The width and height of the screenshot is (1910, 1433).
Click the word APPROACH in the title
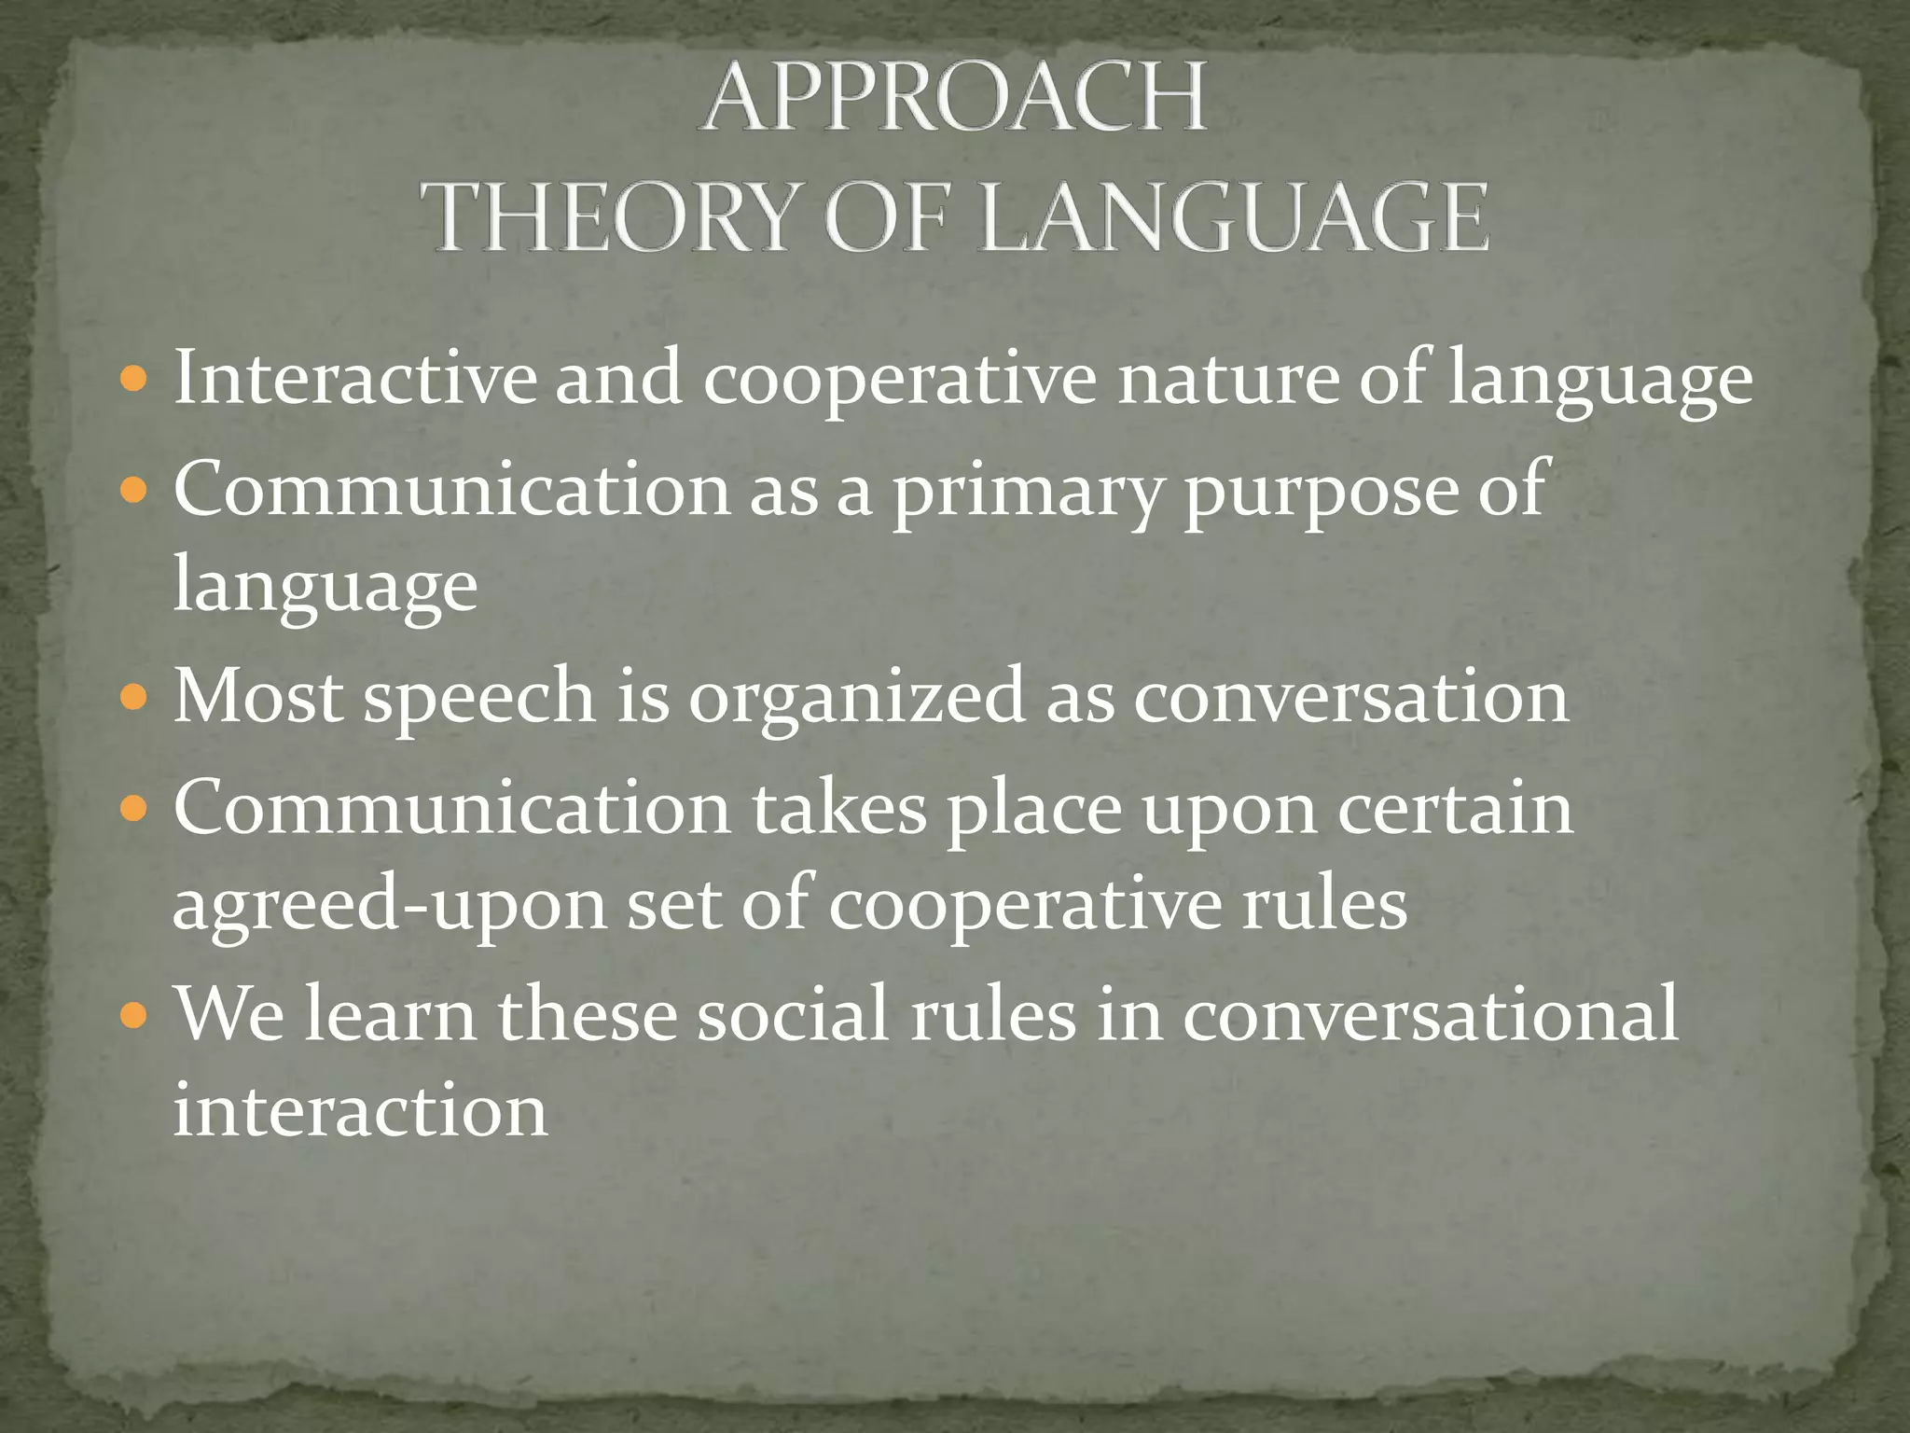coord(955,99)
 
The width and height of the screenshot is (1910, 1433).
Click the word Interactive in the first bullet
coord(355,378)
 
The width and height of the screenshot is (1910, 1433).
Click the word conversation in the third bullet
coord(1351,698)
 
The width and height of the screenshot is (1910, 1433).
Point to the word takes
coord(839,808)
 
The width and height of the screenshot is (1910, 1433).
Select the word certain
coord(1456,808)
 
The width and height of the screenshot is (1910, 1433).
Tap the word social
coord(793,1014)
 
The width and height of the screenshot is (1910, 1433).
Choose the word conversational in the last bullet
coord(1431,1014)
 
